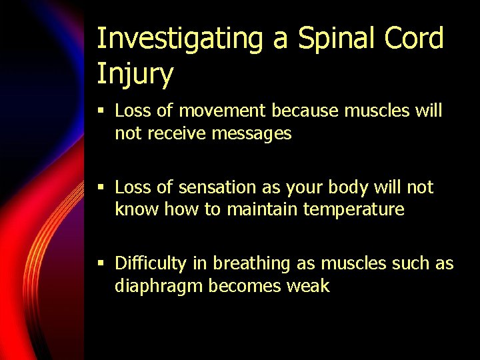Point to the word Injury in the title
(135, 73)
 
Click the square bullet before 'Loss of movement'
(101, 111)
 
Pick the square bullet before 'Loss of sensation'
(101, 188)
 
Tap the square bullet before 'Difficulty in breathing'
(101, 264)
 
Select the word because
(311, 111)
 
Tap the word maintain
(263, 209)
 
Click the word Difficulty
(151, 264)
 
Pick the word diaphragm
(159, 287)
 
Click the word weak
(309, 286)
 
